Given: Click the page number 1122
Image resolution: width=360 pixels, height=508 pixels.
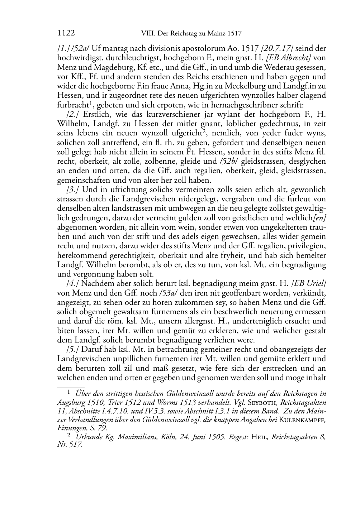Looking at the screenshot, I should click(66, 34).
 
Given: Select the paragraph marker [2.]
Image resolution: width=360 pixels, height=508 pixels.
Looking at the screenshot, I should click(73, 114).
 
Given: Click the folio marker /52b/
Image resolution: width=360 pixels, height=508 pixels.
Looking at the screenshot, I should click(227, 162).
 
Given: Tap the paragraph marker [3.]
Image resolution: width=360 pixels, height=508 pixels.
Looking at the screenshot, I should click(73, 190).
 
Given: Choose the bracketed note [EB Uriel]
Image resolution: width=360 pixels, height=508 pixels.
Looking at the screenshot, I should click(309, 283).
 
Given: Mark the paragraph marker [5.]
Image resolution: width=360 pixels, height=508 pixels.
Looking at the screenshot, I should click(73, 349).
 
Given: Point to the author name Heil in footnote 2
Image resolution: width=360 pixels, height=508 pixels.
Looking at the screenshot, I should click(260, 437).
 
